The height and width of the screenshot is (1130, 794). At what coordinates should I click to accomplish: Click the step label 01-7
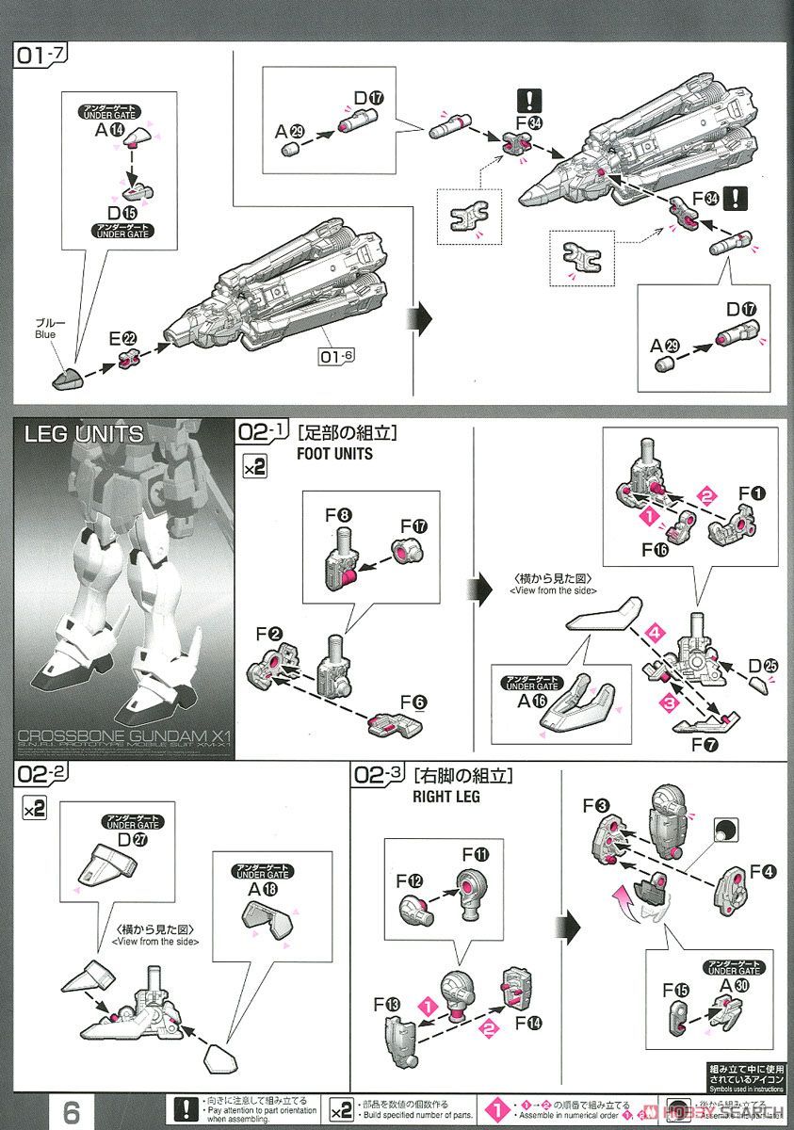pos(39,56)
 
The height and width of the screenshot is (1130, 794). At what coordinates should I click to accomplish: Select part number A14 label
pos(109,131)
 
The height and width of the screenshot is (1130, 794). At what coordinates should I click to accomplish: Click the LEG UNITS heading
pos(85,434)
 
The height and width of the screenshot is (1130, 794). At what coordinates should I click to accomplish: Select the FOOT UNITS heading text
pos(334,452)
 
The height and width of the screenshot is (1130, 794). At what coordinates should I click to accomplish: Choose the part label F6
pos(413,702)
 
